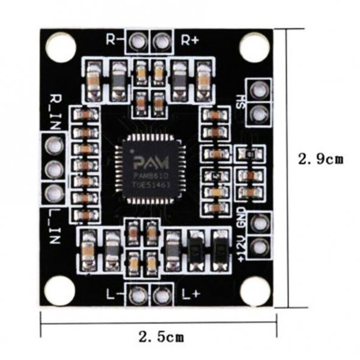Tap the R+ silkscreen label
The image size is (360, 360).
(x=190, y=40)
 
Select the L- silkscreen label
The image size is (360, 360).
(x=113, y=295)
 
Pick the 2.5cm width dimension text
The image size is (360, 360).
(x=161, y=336)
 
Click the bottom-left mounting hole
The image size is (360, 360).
(x=60, y=289)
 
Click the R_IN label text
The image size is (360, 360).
(x=56, y=108)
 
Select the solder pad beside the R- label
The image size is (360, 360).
(x=138, y=41)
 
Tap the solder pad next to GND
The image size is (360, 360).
(x=260, y=223)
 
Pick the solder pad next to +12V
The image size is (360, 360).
(x=260, y=247)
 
